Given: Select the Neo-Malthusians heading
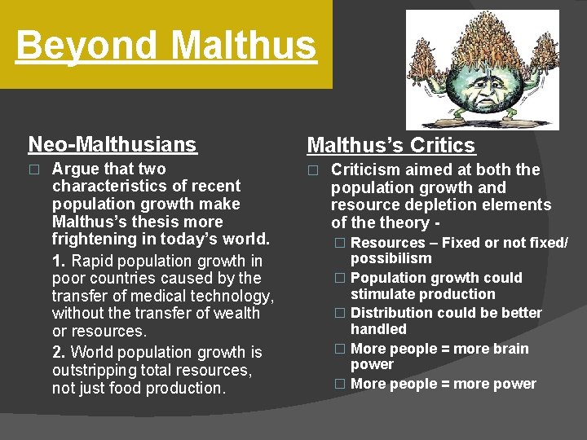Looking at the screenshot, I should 113,145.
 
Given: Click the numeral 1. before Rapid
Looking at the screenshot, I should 60,262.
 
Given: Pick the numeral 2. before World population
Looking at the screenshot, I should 60,353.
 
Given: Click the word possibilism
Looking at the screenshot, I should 391,259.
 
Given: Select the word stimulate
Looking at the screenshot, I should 383,294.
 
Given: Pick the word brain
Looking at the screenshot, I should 510,349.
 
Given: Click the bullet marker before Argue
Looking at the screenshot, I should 33,170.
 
